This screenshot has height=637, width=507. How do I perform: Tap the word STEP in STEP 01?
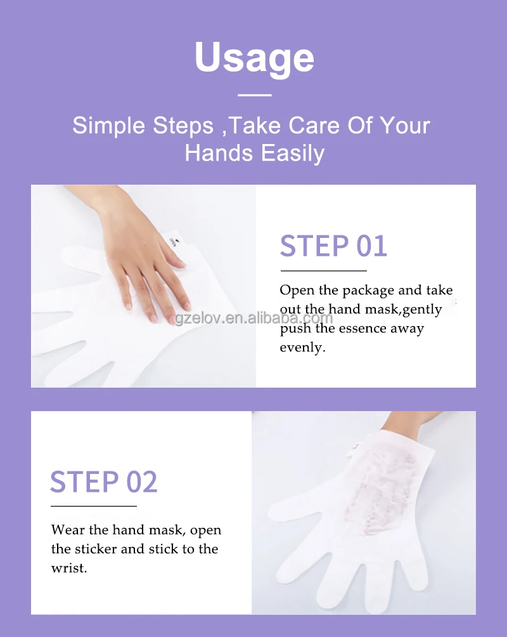point(306,246)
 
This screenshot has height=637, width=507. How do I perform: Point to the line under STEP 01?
point(323,271)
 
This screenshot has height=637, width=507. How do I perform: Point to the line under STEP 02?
point(94,506)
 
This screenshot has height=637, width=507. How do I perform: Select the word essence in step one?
point(361,329)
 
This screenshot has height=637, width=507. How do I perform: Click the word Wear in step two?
point(67,530)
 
